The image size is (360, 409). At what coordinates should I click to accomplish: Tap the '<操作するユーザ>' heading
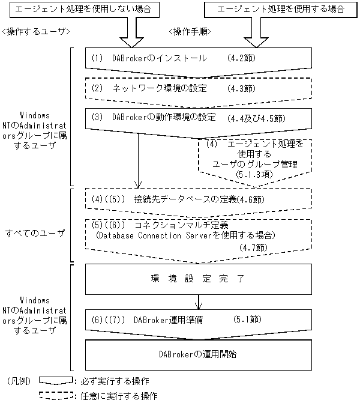37,31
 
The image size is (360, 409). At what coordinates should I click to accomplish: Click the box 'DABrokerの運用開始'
199,354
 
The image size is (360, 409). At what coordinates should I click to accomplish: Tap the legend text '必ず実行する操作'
115,381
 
